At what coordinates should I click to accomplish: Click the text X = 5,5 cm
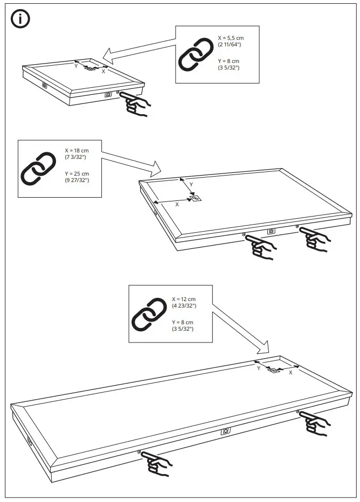click(231, 38)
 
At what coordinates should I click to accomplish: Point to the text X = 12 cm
click(184, 299)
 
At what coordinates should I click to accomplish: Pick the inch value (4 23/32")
click(184, 306)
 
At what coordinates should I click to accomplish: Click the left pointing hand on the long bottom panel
click(157, 463)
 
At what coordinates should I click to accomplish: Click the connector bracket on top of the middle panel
click(196, 198)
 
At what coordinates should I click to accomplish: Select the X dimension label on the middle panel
click(177, 205)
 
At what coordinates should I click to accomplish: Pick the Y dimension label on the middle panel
click(191, 185)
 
